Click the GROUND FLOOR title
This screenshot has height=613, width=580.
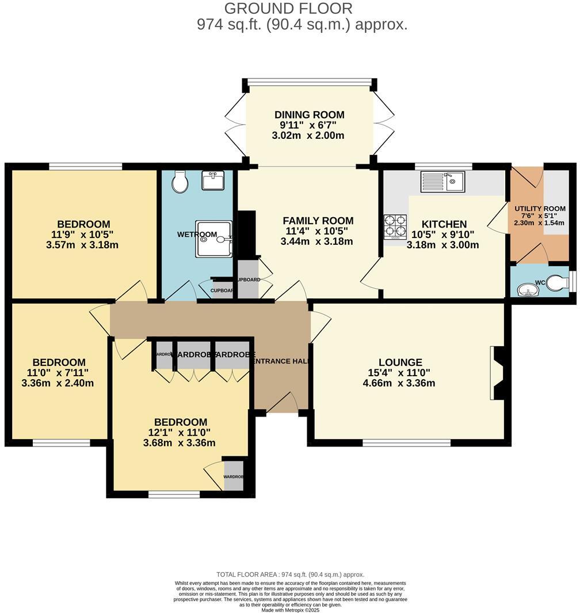point(288,9)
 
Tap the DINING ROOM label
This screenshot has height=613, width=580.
point(309,115)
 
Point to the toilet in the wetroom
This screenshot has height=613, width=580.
point(180,181)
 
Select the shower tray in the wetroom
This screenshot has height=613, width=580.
point(213,239)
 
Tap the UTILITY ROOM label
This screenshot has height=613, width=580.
point(540,209)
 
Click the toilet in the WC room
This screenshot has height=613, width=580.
point(556,283)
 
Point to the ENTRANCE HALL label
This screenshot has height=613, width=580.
point(281,361)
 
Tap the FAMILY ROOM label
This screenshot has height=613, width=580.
point(318,221)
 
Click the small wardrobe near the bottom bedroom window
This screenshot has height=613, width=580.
point(234,476)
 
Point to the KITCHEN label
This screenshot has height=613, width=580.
point(444,224)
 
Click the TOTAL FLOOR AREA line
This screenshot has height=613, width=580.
point(290,574)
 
